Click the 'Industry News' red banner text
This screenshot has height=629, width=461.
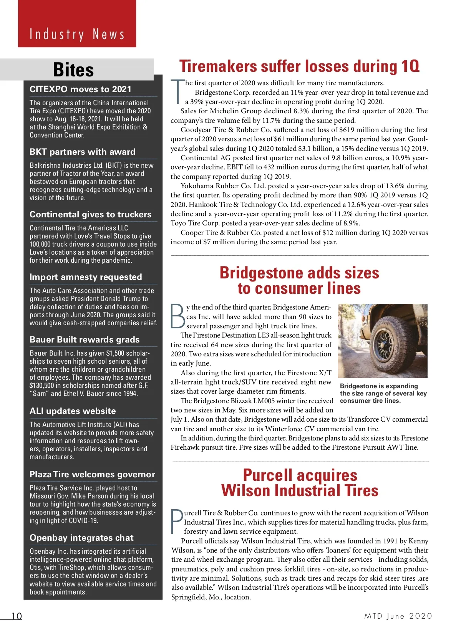point(77,35)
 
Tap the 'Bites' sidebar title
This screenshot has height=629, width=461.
point(73,70)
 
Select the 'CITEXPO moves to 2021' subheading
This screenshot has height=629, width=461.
point(80,89)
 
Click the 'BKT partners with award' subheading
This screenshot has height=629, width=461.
point(82,152)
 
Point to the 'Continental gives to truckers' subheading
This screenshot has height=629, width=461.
point(90,214)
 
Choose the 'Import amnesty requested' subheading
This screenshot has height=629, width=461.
point(86,277)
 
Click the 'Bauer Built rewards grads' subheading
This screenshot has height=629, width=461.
point(85,339)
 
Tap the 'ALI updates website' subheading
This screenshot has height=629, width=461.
point(73,411)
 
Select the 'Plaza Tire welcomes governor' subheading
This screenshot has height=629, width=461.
point(92,474)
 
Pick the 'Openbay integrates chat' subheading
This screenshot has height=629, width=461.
point(81,538)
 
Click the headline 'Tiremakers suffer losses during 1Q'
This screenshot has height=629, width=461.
point(299,66)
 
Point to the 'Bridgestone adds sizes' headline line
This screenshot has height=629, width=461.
point(299,273)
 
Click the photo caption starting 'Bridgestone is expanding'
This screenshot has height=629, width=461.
point(383,393)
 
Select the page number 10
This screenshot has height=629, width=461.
point(17,616)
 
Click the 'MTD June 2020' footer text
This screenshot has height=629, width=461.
point(398,616)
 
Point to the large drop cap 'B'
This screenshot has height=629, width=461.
point(178,316)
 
